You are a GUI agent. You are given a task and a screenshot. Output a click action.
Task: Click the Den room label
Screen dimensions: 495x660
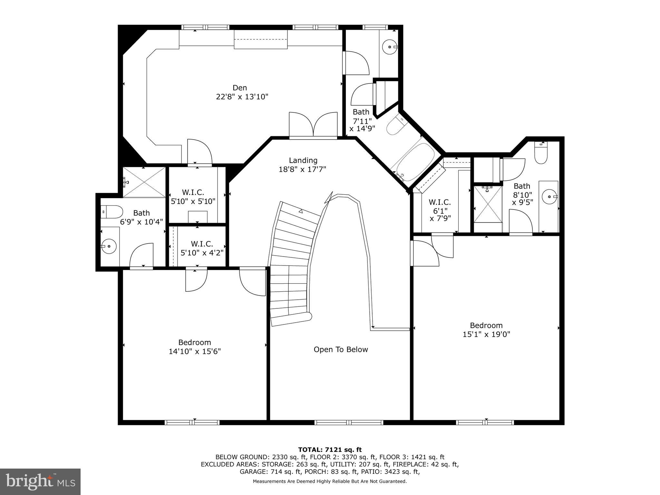pyautogui.click(x=239, y=88)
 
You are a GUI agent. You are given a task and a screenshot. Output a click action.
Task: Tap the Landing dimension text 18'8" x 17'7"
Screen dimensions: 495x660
pyautogui.click(x=302, y=169)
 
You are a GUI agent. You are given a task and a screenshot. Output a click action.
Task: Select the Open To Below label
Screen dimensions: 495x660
pyautogui.click(x=341, y=349)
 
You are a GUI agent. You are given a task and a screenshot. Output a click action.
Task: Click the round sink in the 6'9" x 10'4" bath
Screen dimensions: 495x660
pyautogui.click(x=110, y=246)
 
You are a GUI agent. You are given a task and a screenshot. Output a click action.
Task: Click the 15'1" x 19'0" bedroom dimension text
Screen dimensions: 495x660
pyautogui.click(x=486, y=335)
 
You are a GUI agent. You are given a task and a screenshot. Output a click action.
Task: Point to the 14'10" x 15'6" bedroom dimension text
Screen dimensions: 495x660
pyautogui.click(x=195, y=351)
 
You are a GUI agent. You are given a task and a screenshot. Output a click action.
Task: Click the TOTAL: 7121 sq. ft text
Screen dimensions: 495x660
pyautogui.click(x=330, y=450)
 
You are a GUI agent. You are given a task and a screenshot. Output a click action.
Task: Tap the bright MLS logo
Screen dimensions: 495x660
pyautogui.click(x=40, y=481)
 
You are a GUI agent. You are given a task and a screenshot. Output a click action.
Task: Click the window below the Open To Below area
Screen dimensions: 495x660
pyautogui.click(x=349, y=422)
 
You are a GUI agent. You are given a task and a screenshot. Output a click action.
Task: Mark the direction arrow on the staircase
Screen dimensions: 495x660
pyautogui.click(x=301, y=211)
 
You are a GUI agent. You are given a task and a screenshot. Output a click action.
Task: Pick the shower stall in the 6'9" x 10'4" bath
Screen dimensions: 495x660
pyautogui.click(x=144, y=182)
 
